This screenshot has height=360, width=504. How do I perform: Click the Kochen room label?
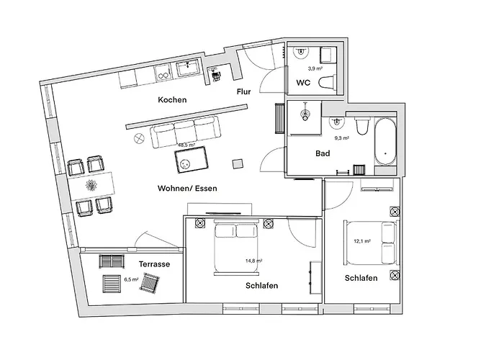(173, 100)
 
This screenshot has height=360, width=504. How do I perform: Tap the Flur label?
(244, 91)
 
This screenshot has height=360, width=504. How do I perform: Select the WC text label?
(303, 82)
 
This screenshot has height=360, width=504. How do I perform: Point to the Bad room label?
(323, 153)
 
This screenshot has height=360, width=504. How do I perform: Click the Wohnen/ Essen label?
(187, 188)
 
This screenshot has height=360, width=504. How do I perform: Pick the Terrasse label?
(153, 264)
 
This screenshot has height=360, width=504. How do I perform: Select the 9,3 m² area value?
(341, 138)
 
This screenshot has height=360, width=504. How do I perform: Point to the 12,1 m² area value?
(361, 241)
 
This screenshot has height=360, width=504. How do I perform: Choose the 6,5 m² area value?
(131, 279)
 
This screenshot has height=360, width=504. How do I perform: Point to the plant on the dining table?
(92, 186)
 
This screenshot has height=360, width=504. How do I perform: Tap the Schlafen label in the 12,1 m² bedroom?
(361, 278)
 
